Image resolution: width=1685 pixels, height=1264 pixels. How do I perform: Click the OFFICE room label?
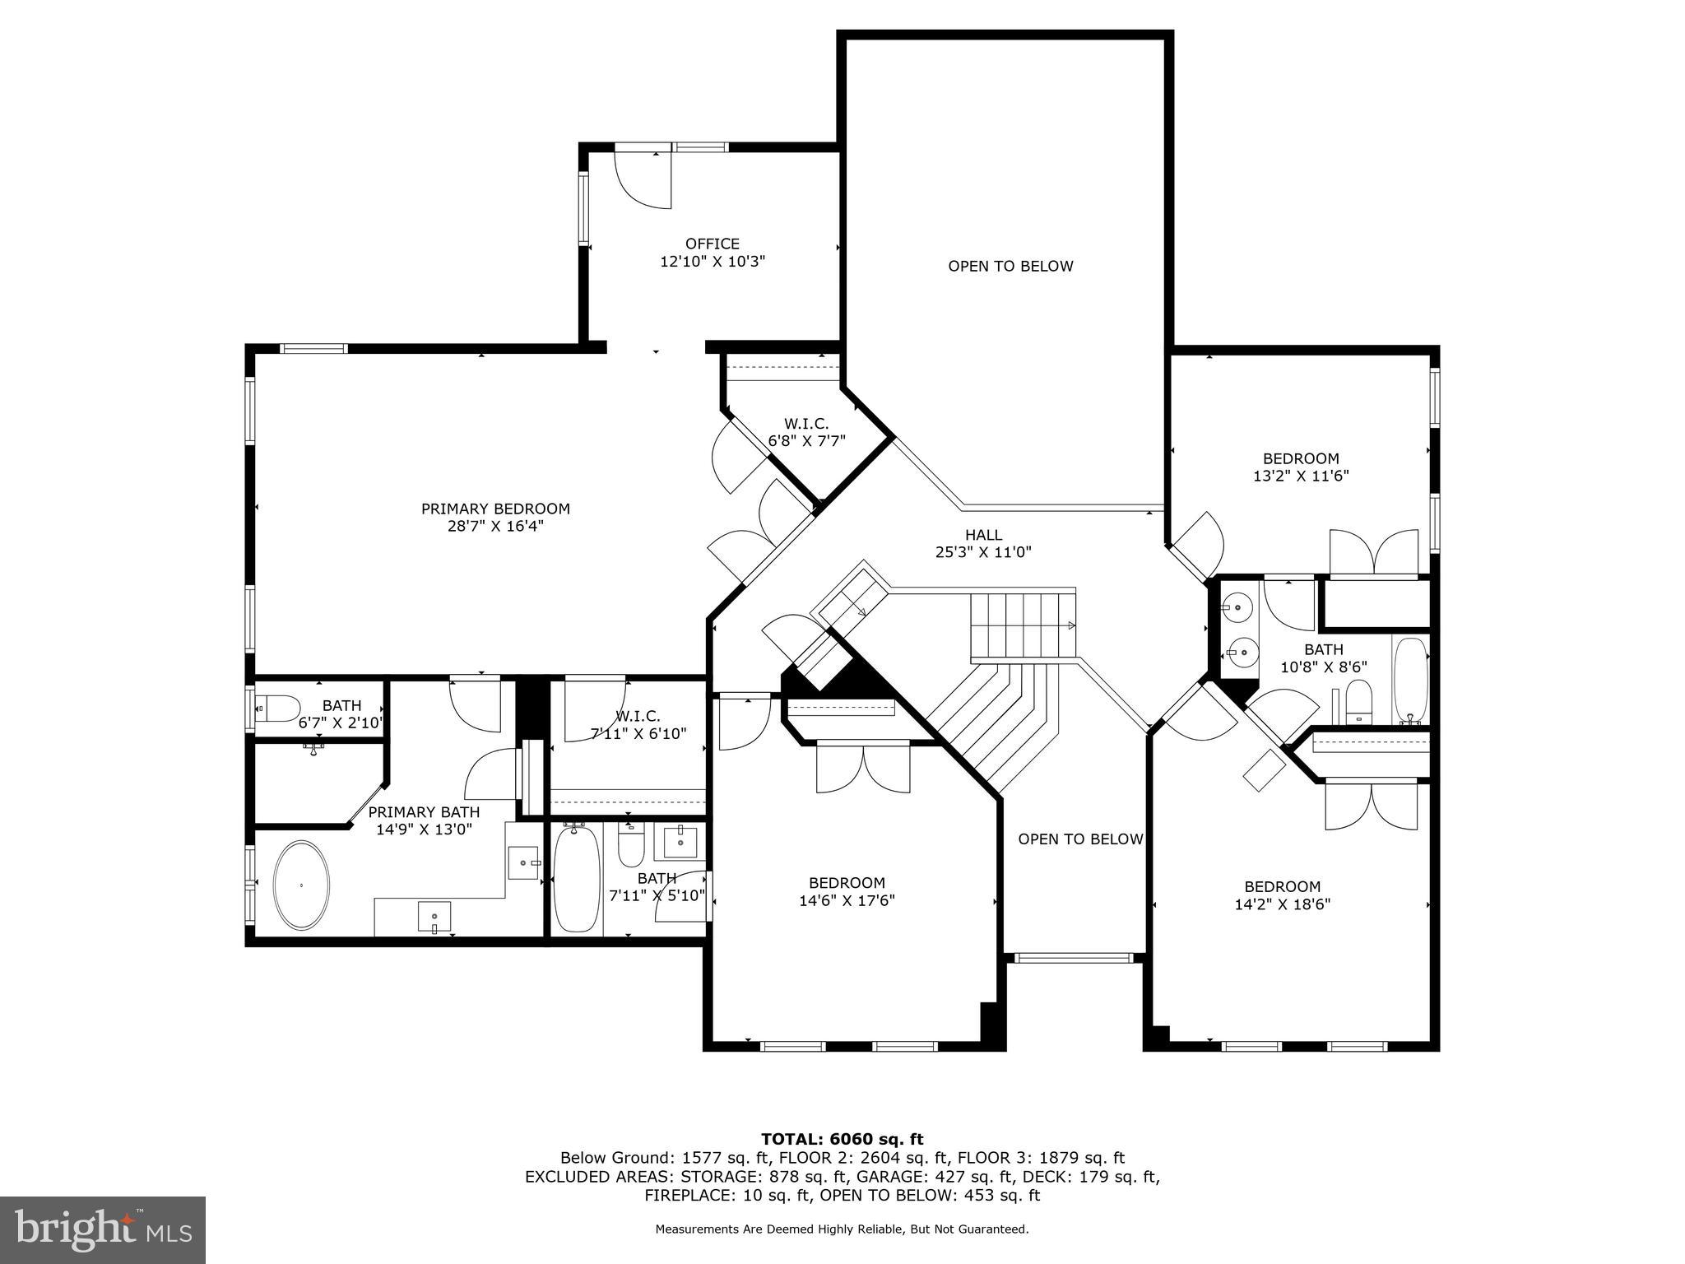[713, 244]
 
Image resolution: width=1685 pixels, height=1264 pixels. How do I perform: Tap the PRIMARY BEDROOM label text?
[495, 509]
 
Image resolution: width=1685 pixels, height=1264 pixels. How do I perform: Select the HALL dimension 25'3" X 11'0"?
[983, 552]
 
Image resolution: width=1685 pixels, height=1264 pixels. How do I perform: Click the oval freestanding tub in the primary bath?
[301, 885]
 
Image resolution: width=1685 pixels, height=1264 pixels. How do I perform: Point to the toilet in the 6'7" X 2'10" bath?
[277, 707]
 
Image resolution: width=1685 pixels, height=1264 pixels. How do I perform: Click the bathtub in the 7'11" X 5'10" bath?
[576, 880]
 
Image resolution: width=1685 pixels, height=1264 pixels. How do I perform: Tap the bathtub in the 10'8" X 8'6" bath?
[1410, 680]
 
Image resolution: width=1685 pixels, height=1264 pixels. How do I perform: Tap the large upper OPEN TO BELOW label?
[1010, 267]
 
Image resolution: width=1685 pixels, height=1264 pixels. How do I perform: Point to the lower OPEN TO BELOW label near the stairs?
[1080, 839]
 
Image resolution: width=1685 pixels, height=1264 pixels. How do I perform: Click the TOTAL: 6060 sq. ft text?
[842, 1140]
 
